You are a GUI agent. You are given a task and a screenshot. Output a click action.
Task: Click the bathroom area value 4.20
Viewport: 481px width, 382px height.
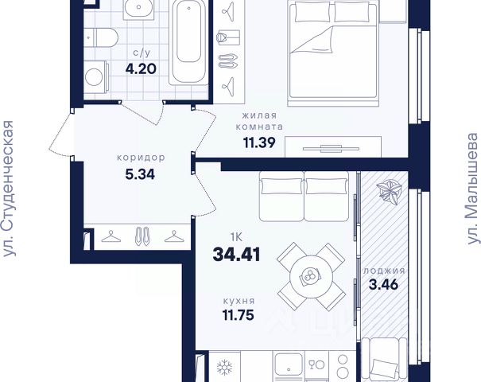click(x=141, y=68)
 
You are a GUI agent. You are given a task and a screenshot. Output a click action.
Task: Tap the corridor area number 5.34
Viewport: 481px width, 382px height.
click(x=140, y=174)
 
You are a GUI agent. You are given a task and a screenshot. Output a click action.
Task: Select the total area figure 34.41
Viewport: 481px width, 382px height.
click(x=236, y=255)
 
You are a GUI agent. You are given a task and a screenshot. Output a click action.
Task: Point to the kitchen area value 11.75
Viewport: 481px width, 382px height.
click(x=239, y=315)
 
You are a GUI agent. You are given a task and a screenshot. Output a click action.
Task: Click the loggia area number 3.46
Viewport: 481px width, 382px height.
click(x=383, y=284)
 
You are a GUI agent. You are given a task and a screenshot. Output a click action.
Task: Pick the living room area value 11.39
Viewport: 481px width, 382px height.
click(x=259, y=142)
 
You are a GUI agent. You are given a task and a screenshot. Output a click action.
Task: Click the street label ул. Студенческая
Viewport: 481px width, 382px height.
click(x=8, y=189)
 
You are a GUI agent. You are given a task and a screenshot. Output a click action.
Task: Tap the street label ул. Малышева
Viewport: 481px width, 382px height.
click(x=473, y=189)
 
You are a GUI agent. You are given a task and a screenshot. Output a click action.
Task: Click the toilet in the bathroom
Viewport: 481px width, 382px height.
click(x=101, y=37)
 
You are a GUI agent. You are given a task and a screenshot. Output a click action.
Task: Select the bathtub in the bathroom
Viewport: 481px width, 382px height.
click(x=188, y=42)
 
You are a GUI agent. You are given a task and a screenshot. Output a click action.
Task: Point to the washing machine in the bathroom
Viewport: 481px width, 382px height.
click(x=96, y=76)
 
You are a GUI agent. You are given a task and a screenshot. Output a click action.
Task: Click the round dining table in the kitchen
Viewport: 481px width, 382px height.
click(x=312, y=275)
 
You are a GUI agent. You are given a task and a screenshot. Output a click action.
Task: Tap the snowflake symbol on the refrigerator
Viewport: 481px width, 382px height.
click(x=224, y=368)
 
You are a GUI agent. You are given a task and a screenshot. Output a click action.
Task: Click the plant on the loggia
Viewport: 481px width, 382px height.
click(x=389, y=192)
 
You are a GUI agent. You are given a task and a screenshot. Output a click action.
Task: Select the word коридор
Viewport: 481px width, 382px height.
click(x=141, y=158)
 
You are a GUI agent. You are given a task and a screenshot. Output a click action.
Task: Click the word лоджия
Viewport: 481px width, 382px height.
click(x=384, y=271)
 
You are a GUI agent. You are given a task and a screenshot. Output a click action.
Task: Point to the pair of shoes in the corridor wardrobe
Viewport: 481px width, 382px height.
click(x=142, y=236)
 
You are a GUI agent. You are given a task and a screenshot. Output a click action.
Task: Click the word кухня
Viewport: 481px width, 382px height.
click(x=239, y=301)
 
